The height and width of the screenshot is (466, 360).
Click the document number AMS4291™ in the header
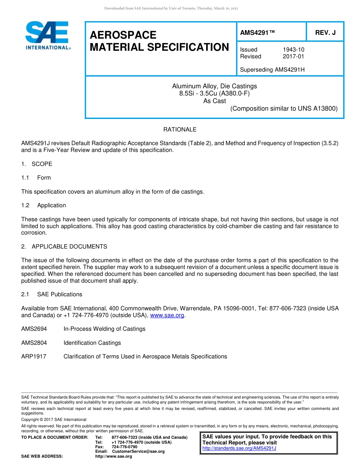pyautogui.click(x=257, y=33)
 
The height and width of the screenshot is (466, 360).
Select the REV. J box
pyautogui.click(x=325, y=33)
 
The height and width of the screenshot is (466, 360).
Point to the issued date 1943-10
pyautogui.click(x=293, y=50)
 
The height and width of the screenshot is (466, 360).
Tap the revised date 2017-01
pyautogui.click(x=293, y=56)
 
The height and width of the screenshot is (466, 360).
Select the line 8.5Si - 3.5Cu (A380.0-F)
pyautogui.click(x=214, y=94)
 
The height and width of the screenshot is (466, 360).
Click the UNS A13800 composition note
pyautogui.click(x=284, y=109)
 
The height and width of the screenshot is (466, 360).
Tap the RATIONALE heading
pyautogui.click(x=180, y=130)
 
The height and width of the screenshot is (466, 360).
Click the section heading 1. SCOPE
pyautogui.click(x=37, y=164)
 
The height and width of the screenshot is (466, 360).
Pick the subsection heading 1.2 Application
pyautogui.click(x=44, y=205)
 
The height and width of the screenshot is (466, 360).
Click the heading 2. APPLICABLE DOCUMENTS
pyautogui.click(x=64, y=247)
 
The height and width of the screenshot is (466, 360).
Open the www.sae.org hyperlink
pyautogui.click(x=167, y=315)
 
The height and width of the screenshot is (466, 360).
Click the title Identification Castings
pyautogui.click(x=92, y=343)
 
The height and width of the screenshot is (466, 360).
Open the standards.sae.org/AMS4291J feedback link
pyautogui.click(x=239, y=448)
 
